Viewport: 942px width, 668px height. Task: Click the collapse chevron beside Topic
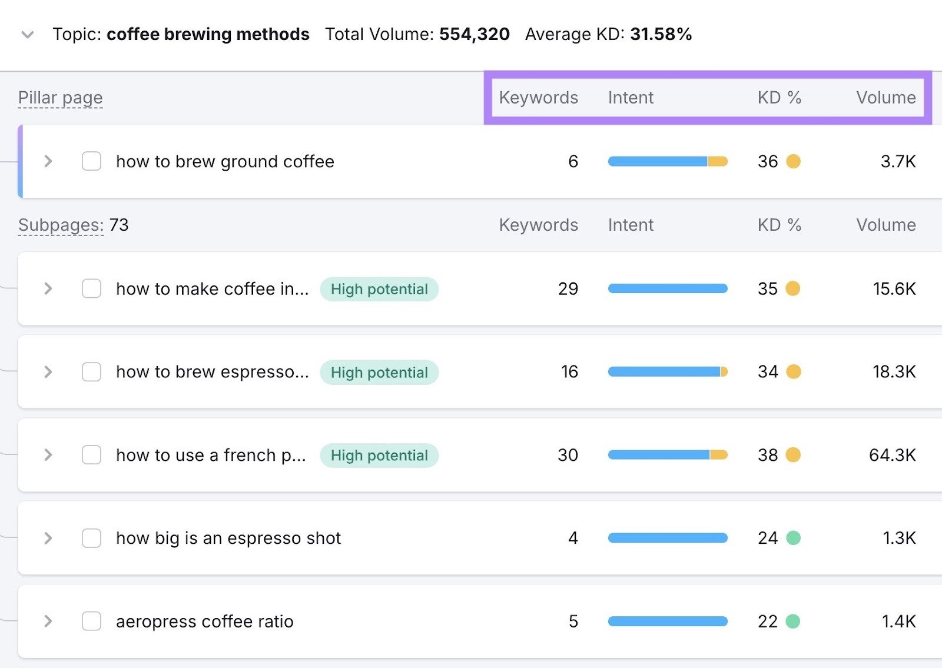[x=27, y=35]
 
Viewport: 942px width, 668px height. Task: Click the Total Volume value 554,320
[x=474, y=34]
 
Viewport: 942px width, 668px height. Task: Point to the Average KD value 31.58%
[x=661, y=34]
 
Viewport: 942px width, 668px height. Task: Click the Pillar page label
[x=60, y=98]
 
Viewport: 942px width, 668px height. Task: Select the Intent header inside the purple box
[x=631, y=98]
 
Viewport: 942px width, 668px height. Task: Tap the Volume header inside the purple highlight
[x=885, y=98]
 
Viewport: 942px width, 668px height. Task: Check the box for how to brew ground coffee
[x=91, y=161]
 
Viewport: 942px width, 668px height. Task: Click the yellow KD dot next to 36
[x=793, y=161]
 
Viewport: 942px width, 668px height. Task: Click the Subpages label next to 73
[x=60, y=225]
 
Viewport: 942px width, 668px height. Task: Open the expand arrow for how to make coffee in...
[x=48, y=289]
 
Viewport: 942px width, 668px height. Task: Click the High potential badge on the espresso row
[x=379, y=373]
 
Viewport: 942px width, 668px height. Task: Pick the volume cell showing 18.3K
[x=894, y=372]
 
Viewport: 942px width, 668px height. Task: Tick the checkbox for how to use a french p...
[x=91, y=455]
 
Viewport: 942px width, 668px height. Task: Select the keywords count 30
[x=568, y=455]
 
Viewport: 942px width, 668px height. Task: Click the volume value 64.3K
[x=892, y=455]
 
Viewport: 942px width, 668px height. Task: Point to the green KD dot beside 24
[x=793, y=538]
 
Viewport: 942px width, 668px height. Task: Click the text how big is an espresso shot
[x=228, y=539]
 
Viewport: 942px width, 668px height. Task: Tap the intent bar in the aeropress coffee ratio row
[x=668, y=622]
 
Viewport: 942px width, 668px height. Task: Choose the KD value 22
[x=767, y=622]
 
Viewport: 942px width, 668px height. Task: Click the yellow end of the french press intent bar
[x=719, y=455]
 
